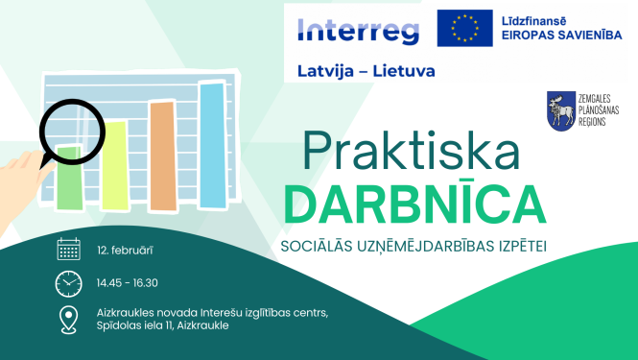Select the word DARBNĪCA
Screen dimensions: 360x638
[x=415, y=204]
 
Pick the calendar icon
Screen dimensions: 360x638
[x=68, y=251]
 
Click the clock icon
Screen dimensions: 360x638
[x=68, y=283]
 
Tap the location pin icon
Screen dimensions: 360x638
[x=68, y=319]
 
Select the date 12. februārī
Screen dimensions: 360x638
[x=126, y=251]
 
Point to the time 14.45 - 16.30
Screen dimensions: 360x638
[x=128, y=283]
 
